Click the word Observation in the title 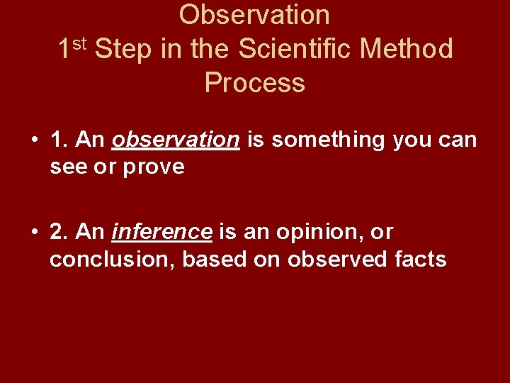[x=254, y=15]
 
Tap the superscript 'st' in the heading [x=79, y=44]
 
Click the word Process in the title [x=254, y=83]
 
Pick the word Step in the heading [x=122, y=50]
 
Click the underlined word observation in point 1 [x=176, y=140]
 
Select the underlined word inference [x=162, y=232]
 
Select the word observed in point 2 [x=333, y=260]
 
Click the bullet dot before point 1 [x=34, y=140]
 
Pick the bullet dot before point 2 [x=34, y=232]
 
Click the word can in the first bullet [x=459, y=140]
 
